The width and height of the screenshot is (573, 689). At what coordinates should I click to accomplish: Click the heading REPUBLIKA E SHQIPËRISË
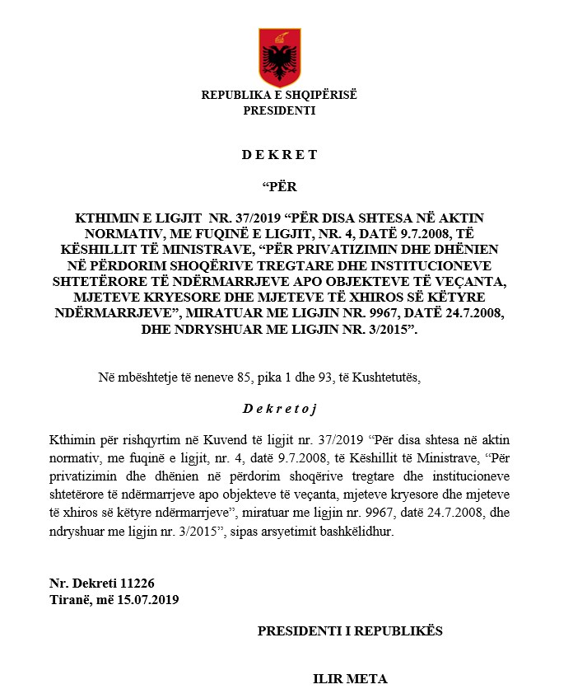coord(279,95)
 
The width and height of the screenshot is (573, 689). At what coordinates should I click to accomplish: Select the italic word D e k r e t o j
coord(280,409)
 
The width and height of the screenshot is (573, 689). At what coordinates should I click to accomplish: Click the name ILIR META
coord(349,679)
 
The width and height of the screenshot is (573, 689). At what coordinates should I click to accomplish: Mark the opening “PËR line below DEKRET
coord(279,186)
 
